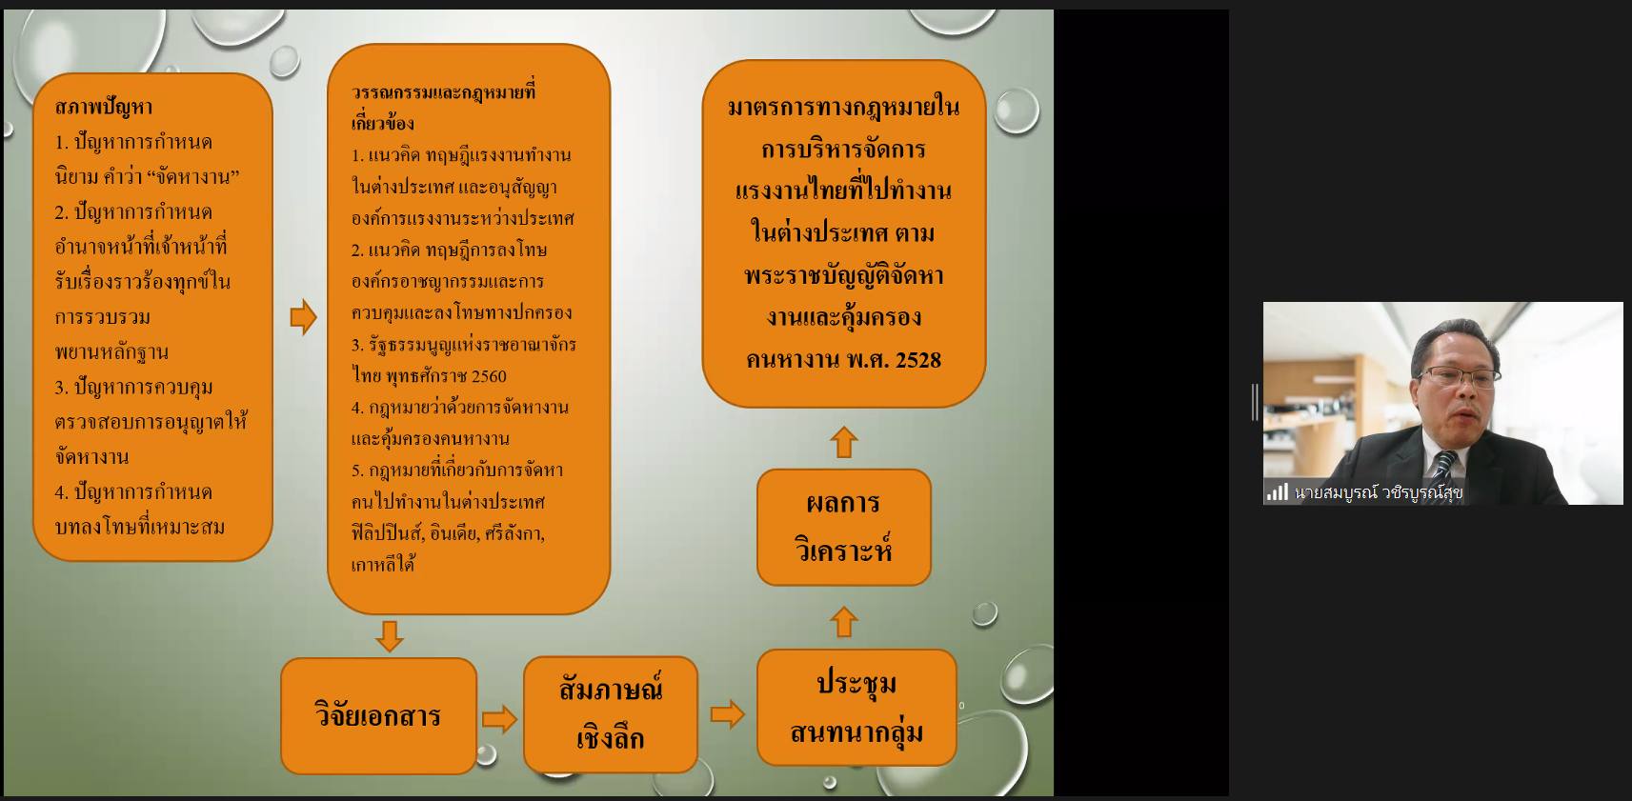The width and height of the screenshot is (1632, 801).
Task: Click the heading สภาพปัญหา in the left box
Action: [104, 107]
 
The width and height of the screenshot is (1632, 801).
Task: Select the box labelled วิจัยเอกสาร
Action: [379, 716]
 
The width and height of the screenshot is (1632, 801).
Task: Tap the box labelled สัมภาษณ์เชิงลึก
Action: [611, 713]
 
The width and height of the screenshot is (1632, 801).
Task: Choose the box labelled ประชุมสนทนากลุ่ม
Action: [856, 707]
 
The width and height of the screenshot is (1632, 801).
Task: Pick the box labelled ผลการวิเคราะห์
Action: [844, 528]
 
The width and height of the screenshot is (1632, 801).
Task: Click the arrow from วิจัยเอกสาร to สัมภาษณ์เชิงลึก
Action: [500, 719]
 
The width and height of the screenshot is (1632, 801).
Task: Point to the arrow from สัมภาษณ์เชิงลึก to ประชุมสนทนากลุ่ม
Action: [728, 714]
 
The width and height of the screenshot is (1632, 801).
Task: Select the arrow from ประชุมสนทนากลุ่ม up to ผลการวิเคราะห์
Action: [844, 622]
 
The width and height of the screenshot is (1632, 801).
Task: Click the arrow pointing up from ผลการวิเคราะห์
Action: [844, 442]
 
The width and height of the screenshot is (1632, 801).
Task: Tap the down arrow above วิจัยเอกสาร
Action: [390, 635]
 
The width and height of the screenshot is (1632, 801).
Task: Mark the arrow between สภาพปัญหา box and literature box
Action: [303, 317]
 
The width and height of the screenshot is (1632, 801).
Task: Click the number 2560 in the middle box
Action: [488, 376]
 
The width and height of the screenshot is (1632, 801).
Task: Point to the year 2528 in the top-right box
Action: [918, 360]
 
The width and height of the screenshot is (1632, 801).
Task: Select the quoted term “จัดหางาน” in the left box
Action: [193, 177]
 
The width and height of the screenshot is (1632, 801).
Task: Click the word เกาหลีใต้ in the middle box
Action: [382, 565]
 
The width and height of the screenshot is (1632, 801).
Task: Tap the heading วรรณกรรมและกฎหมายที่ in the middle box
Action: [443, 92]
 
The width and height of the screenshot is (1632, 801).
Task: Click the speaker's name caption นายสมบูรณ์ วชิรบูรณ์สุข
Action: [1379, 493]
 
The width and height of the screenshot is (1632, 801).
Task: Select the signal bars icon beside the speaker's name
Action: [1278, 492]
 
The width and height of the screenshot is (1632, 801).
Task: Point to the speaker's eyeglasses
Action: [1460, 376]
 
